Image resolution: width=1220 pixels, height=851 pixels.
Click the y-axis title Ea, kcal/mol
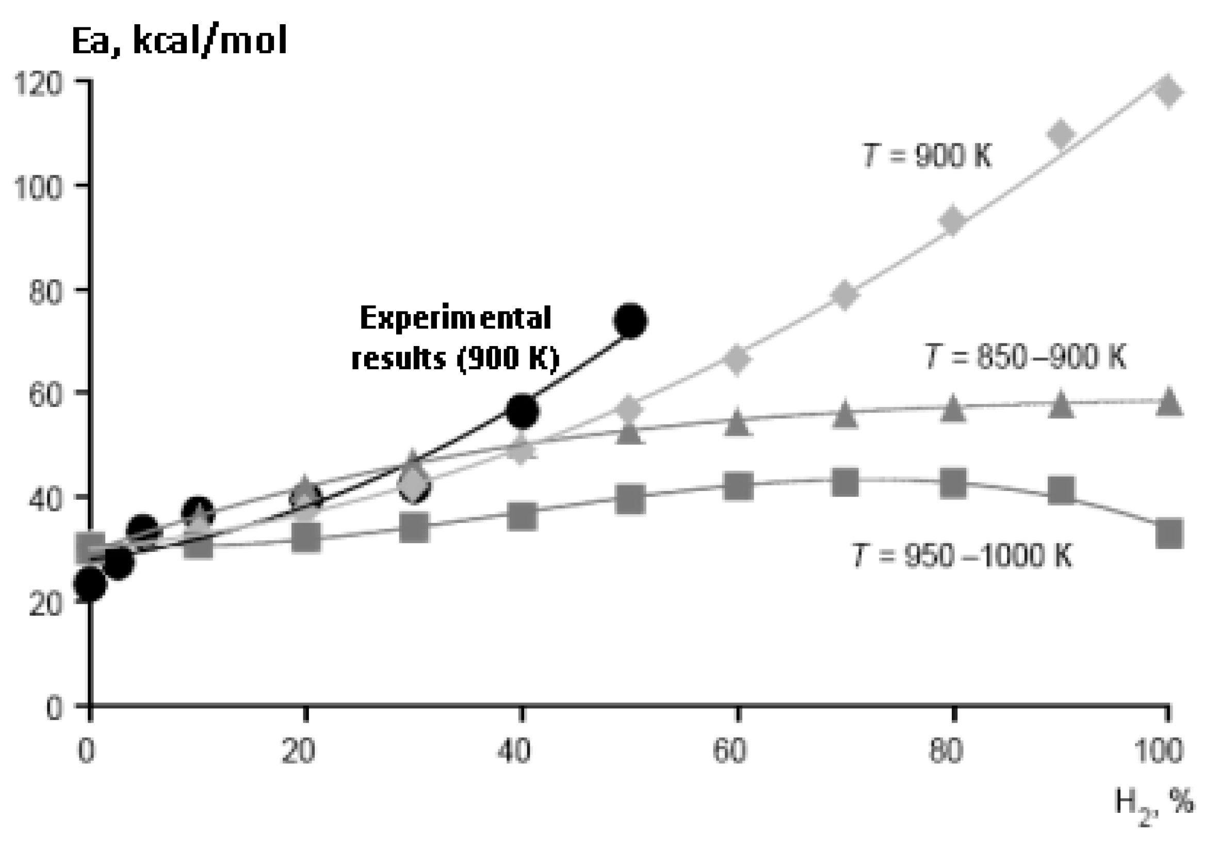point(179,41)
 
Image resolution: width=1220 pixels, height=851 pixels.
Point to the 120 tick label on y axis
point(39,84)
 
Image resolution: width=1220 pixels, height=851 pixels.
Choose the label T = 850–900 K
point(1025,356)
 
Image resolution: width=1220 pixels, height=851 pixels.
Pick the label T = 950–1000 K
point(962,555)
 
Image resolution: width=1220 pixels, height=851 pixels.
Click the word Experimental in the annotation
point(456,318)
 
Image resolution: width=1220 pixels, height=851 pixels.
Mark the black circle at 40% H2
point(523,411)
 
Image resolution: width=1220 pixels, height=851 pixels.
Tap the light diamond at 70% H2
point(845,294)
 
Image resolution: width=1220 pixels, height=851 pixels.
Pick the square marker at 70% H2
point(845,482)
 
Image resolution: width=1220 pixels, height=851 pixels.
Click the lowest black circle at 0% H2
point(90,583)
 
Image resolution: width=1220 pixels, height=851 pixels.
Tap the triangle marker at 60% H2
point(737,423)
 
